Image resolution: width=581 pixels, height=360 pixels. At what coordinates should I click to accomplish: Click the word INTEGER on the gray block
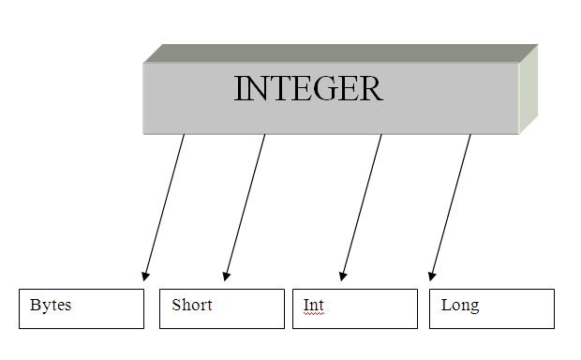point(307,89)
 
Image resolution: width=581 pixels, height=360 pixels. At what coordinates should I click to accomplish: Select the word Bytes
point(51,305)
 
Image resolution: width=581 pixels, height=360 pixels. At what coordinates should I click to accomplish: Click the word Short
point(192,305)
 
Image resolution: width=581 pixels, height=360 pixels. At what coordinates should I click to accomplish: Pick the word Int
point(313,306)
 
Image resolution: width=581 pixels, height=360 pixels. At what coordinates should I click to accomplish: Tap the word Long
point(460,306)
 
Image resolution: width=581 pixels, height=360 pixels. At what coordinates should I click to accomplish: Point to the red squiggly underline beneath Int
point(313,315)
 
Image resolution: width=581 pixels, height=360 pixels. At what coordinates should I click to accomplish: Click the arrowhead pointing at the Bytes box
point(145,276)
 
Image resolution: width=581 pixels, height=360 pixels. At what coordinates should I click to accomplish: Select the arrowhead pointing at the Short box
point(226,276)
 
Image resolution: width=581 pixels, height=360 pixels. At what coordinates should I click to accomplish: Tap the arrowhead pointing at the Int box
point(343,276)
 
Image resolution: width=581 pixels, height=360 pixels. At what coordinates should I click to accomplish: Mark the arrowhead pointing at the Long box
point(432,276)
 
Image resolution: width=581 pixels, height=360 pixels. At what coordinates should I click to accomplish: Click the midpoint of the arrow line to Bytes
point(164,207)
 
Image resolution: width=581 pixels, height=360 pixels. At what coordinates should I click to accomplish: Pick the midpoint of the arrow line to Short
point(245,207)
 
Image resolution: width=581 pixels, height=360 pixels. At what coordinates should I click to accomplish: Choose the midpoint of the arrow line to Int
point(362,207)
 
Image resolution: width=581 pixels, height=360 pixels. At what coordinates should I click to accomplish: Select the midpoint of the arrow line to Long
point(451,207)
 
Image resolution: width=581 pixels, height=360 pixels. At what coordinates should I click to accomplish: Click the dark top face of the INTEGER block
point(337,53)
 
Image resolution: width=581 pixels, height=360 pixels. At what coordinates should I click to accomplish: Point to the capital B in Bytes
point(36,305)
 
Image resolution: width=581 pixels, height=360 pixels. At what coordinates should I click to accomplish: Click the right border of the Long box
point(554,308)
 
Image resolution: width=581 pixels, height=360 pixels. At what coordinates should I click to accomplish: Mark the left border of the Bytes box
point(20,308)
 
